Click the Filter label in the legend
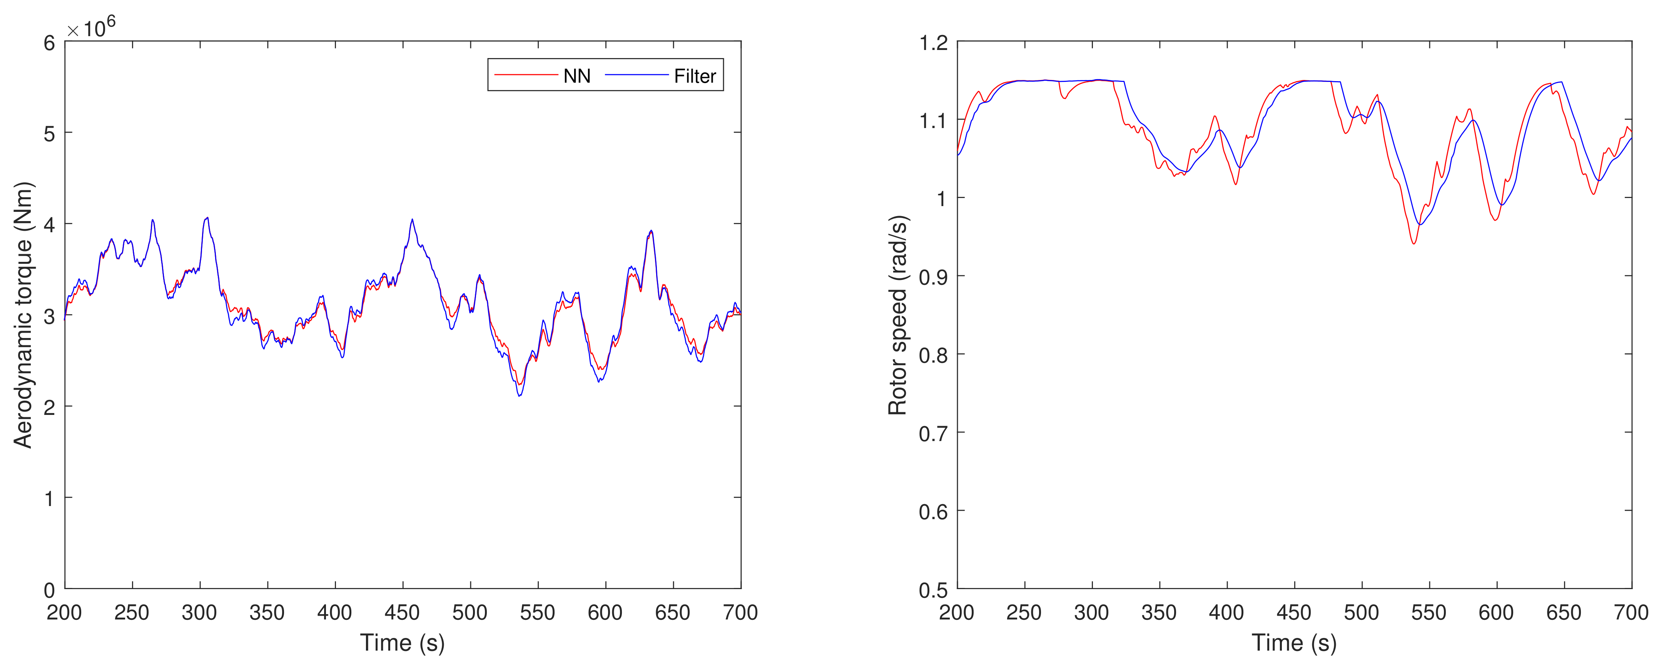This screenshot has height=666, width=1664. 694,76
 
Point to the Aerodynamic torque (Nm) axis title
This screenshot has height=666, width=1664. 23,315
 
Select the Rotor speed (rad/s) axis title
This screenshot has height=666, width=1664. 898,315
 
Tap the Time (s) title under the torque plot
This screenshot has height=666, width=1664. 403,643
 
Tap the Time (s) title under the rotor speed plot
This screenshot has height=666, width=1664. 1294,643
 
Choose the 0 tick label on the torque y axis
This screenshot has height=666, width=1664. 49,590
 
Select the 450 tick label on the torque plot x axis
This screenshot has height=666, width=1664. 403,613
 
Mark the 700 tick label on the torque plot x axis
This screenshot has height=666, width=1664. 740,613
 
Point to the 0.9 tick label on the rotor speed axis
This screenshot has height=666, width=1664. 934,277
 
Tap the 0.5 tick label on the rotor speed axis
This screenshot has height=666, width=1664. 934,590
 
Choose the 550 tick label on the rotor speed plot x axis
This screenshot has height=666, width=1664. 1429,613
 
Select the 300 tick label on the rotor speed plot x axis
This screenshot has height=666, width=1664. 1092,613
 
